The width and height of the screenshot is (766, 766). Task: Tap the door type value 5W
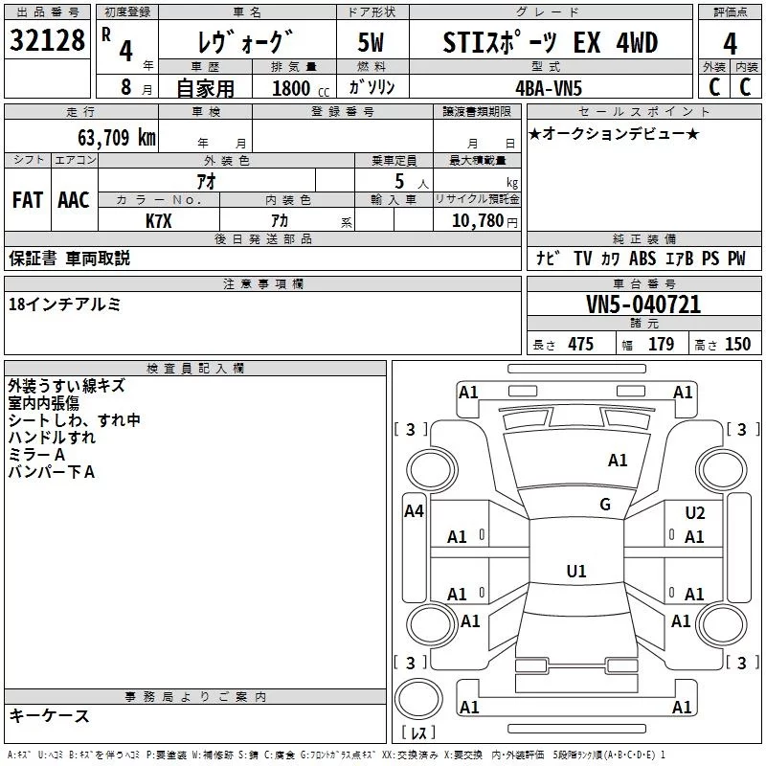(x=372, y=42)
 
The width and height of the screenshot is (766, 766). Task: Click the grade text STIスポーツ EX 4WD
(x=551, y=42)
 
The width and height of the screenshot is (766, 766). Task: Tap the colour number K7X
(x=159, y=219)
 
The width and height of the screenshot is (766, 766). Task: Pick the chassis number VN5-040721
(x=643, y=304)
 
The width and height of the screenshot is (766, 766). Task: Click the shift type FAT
(x=27, y=199)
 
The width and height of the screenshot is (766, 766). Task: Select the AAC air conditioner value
(x=74, y=199)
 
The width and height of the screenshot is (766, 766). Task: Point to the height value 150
(x=737, y=345)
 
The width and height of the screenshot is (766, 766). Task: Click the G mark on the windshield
(x=604, y=505)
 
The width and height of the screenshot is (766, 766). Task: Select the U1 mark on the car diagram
(x=575, y=572)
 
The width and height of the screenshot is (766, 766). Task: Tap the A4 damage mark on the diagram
(x=414, y=511)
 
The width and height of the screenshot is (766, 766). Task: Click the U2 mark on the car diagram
(x=695, y=513)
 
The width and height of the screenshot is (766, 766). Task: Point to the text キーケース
(x=50, y=716)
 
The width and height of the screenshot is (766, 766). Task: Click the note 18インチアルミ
(x=64, y=304)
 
